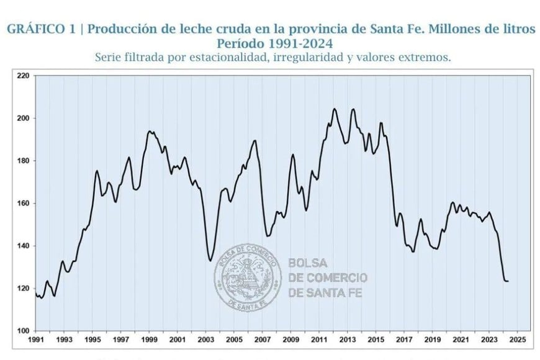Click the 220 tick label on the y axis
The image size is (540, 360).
tap(23, 76)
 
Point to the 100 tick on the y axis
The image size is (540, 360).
tap(23, 331)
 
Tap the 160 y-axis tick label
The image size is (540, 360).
tap(23, 204)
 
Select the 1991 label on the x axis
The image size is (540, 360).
tap(35, 340)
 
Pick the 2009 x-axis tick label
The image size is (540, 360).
tap(290, 340)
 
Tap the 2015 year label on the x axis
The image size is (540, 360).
tap(376, 340)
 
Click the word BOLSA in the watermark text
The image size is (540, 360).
tap(308, 263)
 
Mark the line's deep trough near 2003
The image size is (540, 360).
tap(210, 260)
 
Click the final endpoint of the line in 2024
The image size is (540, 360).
tap(508, 281)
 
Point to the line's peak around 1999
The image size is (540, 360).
tap(150, 131)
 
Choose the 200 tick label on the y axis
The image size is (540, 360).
tap(23, 119)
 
